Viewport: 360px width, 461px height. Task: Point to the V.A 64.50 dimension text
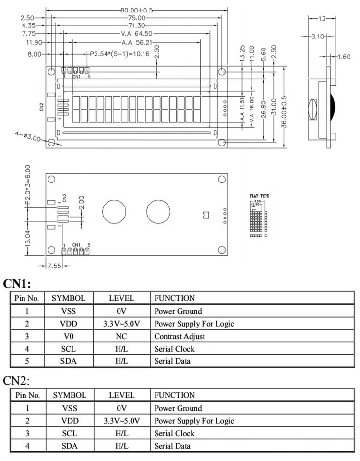pyautogui.click(x=137, y=34)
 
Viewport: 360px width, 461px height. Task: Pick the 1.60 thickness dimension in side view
pyautogui.click(x=344, y=57)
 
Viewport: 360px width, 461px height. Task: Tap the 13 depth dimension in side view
pyautogui.click(x=322, y=18)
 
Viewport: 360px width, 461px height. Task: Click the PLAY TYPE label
pyautogui.click(x=259, y=196)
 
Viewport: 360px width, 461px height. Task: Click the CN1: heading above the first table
pyautogui.click(x=17, y=283)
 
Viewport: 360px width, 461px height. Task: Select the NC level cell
pyautogui.click(x=121, y=336)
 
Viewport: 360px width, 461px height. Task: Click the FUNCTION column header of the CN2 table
pyautogui.click(x=175, y=395)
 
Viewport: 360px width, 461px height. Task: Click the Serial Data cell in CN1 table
pyautogui.click(x=173, y=361)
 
